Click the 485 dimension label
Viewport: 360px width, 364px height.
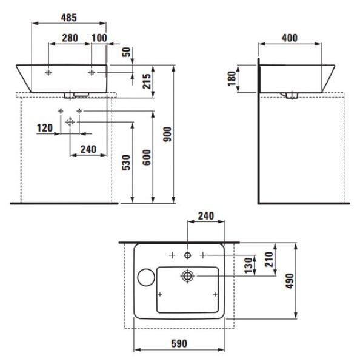click(69, 18)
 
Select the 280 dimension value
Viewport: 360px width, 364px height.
click(70, 38)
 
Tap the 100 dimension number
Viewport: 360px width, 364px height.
click(99, 38)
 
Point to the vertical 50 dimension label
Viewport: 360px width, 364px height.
click(127, 52)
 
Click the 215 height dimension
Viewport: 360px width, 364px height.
click(147, 81)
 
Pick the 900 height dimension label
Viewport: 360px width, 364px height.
click(167, 134)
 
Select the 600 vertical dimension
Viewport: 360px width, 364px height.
click(147, 157)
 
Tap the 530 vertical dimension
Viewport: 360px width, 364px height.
click(126, 163)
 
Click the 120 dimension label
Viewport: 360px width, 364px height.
click(45, 128)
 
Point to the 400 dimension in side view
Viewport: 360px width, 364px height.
click(290, 38)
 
